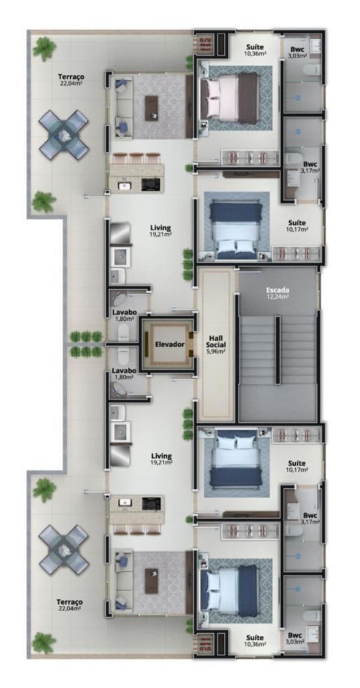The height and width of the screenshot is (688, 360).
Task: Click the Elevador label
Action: click(170, 345)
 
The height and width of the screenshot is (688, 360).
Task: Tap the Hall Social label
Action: click(216, 341)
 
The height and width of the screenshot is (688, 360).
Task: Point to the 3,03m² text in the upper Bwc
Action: click(297, 56)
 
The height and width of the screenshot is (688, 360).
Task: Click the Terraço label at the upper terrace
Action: click(71, 77)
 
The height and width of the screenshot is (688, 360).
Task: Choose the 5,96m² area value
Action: click(216, 351)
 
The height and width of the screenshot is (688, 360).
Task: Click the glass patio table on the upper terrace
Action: click(64, 134)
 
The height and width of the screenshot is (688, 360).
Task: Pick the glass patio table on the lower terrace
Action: click(64, 550)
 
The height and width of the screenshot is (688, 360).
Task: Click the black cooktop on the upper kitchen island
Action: click(151, 185)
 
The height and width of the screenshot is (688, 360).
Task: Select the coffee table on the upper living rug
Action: click(151, 108)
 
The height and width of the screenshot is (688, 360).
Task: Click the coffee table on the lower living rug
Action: click(152, 581)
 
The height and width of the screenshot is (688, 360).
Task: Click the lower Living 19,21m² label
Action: click(161, 459)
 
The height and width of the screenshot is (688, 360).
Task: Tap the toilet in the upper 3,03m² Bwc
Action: click(312, 69)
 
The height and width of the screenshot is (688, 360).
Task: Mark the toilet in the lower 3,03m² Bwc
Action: click(312, 615)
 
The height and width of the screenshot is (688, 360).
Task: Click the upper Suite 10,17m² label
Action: click(297, 226)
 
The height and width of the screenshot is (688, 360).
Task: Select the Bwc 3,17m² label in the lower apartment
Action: click(310, 518)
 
